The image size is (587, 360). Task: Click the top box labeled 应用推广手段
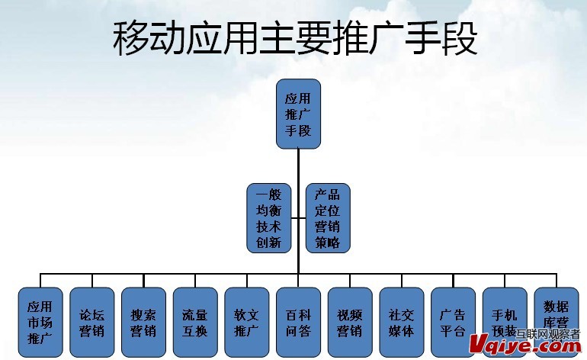pyautogui.click(x=298, y=113)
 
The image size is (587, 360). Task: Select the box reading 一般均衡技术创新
pyautogui.click(x=268, y=218)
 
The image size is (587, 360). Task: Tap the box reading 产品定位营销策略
pyautogui.click(x=328, y=218)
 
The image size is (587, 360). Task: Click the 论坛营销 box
pyautogui.click(x=91, y=322)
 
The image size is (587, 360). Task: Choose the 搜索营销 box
pyautogui.click(x=143, y=322)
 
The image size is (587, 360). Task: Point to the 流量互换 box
pyautogui.click(x=194, y=322)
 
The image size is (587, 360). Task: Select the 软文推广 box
pyautogui.click(x=246, y=322)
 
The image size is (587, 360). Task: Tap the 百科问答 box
pyautogui.click(x=298, y=322)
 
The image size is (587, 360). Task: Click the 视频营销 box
pyautogui.click(x=350, y=322)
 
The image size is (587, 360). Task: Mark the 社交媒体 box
pyautogui.click(x=401, y=322)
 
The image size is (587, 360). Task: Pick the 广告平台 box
pyautogui.click(x=453, y=322)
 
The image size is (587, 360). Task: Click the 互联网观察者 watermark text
pyautogui.click(x=548, y=333)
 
